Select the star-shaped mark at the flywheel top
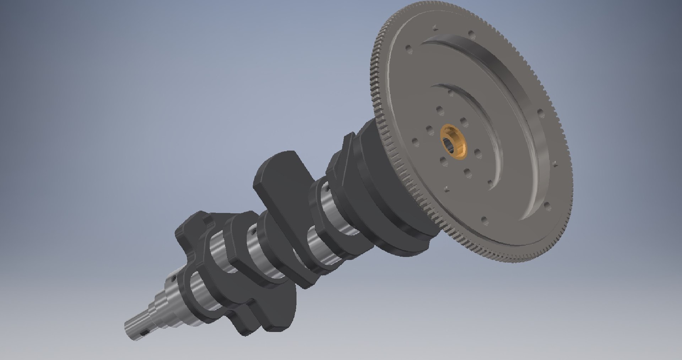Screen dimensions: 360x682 point(434,26)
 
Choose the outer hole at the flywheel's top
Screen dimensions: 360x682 point(472,34)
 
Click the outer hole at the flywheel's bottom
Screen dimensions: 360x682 point(485,220)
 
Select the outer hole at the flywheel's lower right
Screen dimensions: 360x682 point(547,205)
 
